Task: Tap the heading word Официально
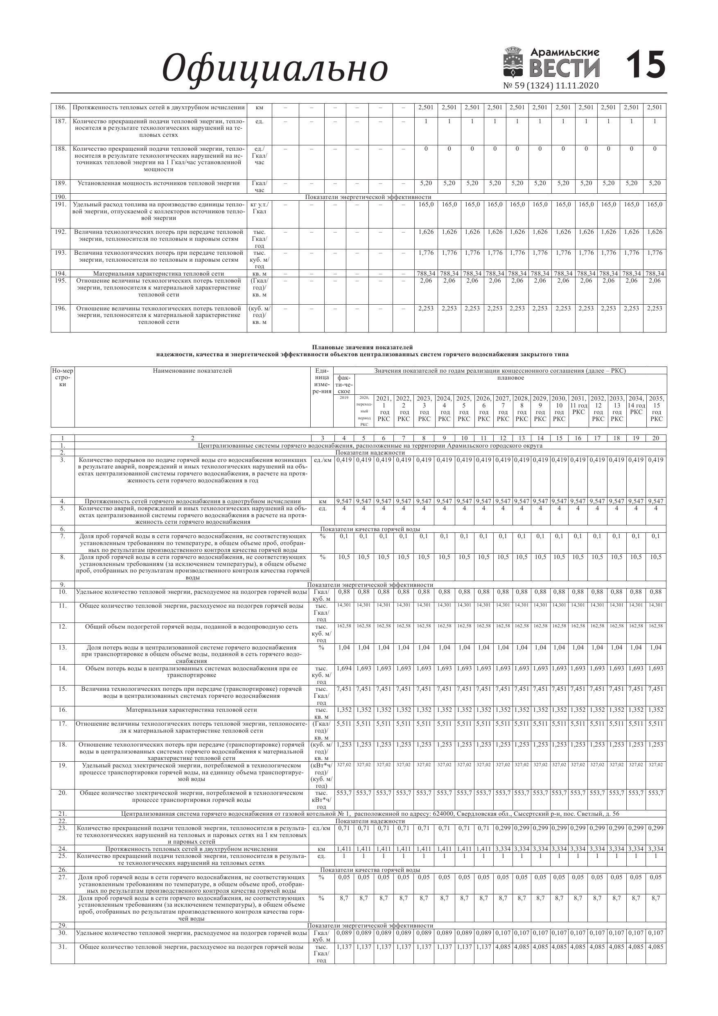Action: (x=275, y=68)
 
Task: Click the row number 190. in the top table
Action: (x=61, y=197)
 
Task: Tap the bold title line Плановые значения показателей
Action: (x=362, y=347)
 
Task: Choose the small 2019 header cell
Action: (x=344, y=398)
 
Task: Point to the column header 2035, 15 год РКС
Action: (x=657, y=408)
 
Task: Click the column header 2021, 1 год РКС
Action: (x=384, y=408)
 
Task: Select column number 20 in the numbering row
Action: (x=656, y=438)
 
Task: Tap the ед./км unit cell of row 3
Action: (x=323, y=460)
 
